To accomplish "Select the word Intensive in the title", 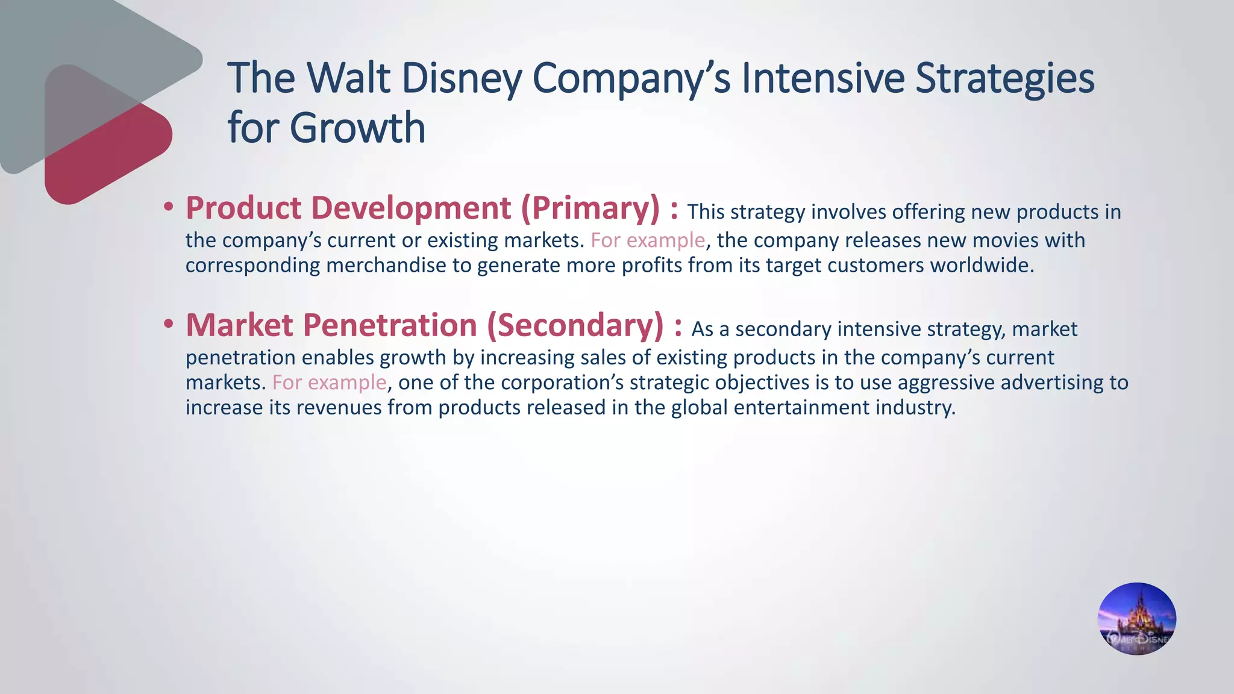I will pos(822,78).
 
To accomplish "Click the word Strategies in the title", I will pos(1004,78).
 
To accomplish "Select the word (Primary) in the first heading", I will pos(590,208).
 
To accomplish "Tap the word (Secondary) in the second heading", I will pos(575,325).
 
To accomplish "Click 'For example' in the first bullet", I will pos(648,240).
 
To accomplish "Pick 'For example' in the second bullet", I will pos(329,383).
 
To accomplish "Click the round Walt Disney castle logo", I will pos(1136,619).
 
